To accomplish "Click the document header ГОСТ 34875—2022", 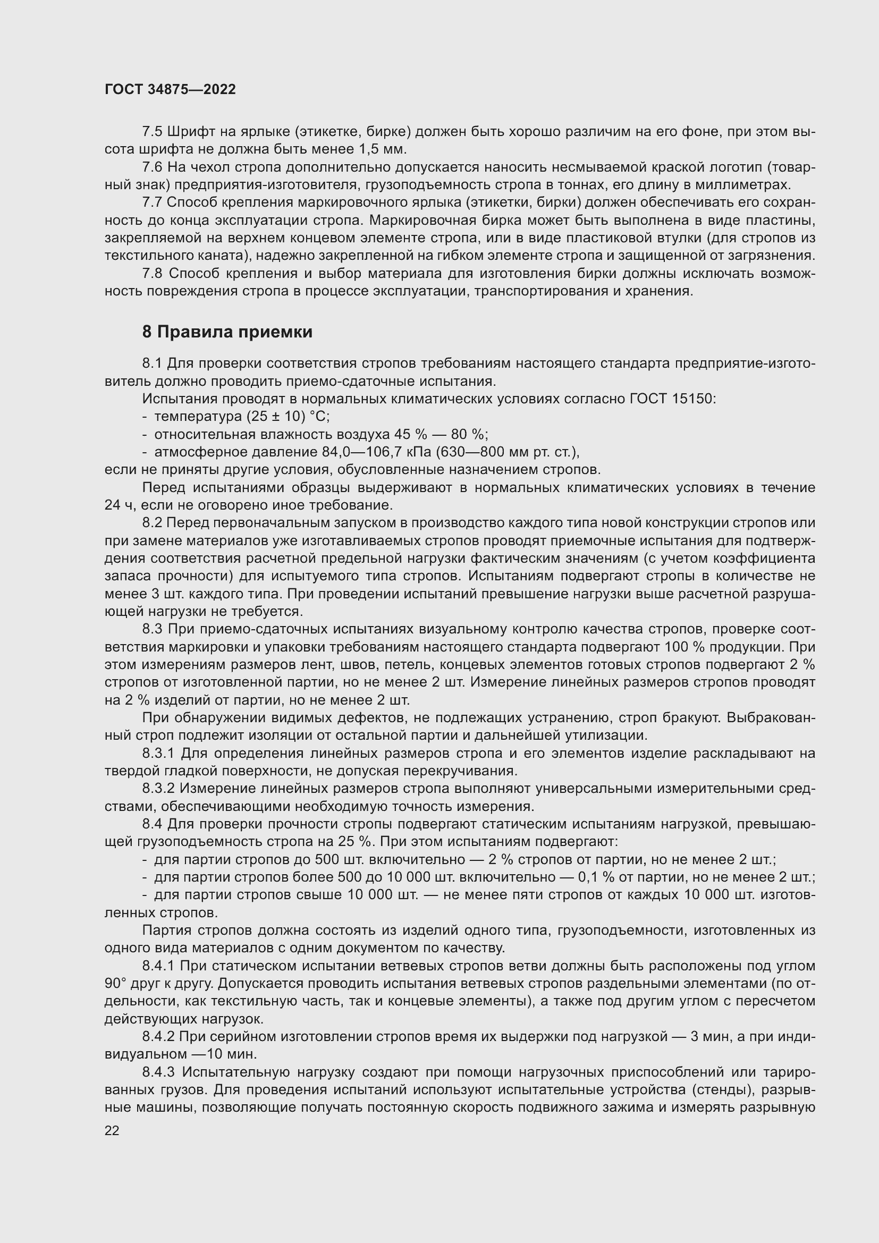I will (170, 90).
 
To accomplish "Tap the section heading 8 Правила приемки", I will (227, 332).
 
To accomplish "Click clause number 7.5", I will (153, 132).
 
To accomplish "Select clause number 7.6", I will (153, 167).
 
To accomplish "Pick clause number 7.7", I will (153, 203).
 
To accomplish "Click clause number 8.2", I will (153, 523).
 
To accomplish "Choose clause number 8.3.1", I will (159, 754).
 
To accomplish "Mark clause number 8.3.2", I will (159, 789).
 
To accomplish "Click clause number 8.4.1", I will (159, 966).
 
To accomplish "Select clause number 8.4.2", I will (159, 1037).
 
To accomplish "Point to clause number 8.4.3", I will (159, 1072).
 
